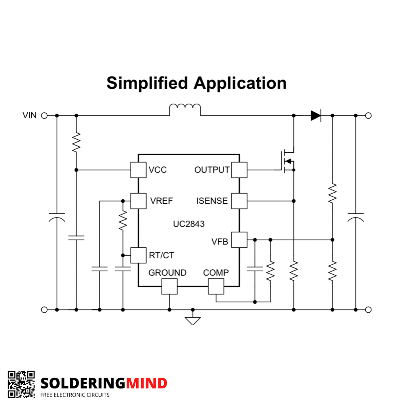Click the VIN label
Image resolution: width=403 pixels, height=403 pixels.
pos(29,115)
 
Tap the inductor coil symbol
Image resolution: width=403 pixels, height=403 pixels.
pos(185,107)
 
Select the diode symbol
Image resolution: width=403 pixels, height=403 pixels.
pos(316,116)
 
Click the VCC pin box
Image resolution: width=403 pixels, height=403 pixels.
pos(138,170)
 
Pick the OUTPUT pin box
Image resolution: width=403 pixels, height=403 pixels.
pos(239,170)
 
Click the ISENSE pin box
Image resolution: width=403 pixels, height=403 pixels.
pos(239,201)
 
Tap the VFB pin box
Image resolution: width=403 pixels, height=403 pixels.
pos(239,240)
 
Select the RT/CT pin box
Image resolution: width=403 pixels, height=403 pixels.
pos(138,255)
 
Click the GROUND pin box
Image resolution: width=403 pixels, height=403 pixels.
pos(169,286)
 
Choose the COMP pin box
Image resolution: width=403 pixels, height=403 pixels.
pos(216,286)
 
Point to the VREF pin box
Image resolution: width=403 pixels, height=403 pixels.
pos(138,201)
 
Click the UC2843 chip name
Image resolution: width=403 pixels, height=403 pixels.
pos(189,224)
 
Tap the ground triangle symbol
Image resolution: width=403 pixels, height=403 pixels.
pos(193,321)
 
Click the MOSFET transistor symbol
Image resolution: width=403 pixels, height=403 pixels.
pos(288,161)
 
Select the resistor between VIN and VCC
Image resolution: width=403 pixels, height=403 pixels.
pos(76,143)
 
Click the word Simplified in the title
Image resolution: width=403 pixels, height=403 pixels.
pos(147,83)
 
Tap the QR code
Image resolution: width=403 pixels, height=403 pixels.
pos(21,384)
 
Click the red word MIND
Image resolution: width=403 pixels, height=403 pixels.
pos(147,383)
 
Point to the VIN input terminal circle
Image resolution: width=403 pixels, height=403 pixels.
pos(44,116)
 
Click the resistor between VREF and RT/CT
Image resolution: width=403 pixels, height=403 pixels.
pos(123,220)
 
